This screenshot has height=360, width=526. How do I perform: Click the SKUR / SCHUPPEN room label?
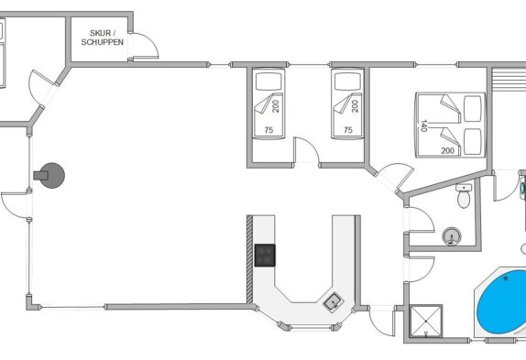(x=103, y=38)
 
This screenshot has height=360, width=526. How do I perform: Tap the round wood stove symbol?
(x=50, y=175)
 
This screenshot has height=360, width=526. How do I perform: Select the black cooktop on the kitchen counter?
(x=265, y=256)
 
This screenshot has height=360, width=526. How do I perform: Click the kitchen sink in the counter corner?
(x=334, y=301)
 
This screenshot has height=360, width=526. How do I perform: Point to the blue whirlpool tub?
(x=502, y=302)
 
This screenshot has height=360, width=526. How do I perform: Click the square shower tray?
(x=426, y=322)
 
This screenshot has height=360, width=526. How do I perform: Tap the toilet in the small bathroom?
(x=464, y=195)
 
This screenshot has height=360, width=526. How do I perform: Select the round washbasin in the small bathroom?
(x=452, y=236)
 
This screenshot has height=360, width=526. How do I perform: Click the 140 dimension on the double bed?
(x=423, y=125)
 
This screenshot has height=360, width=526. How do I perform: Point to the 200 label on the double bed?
(x=447, y=151)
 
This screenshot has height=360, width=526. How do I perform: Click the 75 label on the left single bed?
(x=268, y=130)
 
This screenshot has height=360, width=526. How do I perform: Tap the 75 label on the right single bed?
(x=348, y=130)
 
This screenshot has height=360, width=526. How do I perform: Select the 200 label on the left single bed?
(x=276, y=106)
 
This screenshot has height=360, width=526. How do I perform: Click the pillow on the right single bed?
(x=347, y=82)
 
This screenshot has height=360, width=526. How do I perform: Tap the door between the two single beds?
(x=306, y=150)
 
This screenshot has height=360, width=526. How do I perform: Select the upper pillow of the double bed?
(x=472, y=109)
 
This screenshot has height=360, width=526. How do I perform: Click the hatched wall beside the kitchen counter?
(x=249, y=259)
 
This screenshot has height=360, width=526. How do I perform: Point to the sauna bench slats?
(x=509, y=79)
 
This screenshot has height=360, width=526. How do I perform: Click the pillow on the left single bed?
(x=268, y=82)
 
